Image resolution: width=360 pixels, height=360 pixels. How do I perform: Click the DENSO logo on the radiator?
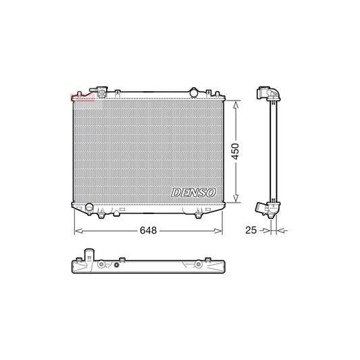tap(192, 192)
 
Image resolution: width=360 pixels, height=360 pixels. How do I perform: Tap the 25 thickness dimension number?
tap(250, 230)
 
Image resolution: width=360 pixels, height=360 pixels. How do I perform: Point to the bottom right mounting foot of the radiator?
tap(199, 214)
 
